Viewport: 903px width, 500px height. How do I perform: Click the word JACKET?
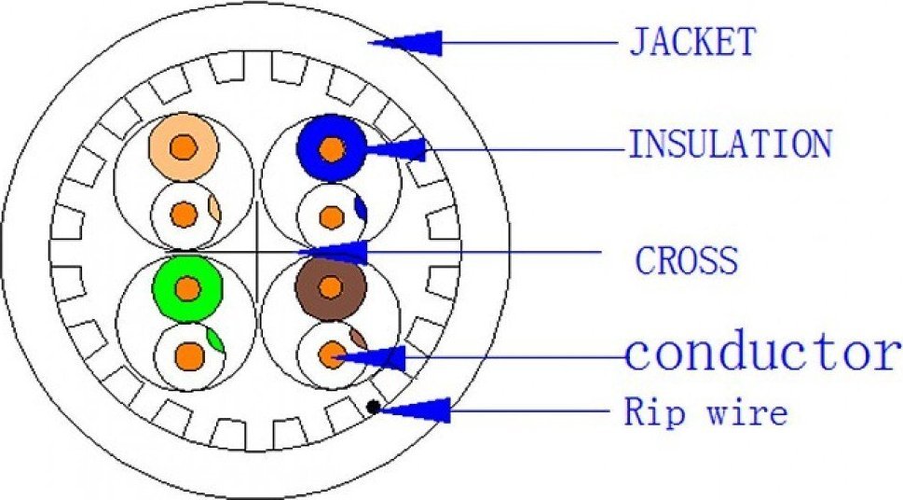pyautogui.click(x=692, y=42)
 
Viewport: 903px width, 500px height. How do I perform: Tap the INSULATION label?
pyautogui.click(x=731, y=144)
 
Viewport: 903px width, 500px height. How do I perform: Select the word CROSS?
pyautogui.click(x=687, y=259)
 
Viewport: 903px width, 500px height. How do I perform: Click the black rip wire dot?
pyautogui.click(x=373, y=407)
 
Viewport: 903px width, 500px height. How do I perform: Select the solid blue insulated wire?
pyautogui.click(x=332, y=149)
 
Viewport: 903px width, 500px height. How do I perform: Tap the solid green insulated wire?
pyautogui.click(x=187, y=287)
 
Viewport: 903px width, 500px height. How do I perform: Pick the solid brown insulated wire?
pyautogui.click(x=331, y=286)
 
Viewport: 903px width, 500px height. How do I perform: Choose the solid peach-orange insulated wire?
pyautogui.click(x=184, y=147)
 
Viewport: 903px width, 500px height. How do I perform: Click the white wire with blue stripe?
pyautogui.click(x=333, y=216)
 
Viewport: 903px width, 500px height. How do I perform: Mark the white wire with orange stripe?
pyautogui.click(x=185, y=215)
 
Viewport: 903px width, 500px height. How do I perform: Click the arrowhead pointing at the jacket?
pyautogui.click(x=405, y=43)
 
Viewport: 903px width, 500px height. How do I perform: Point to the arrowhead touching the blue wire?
pyautogui.click(x=396, y=149)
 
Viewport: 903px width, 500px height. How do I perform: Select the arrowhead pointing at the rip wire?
pyautogui.click(x=415, y=410)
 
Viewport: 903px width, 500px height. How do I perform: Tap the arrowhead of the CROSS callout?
pyautogui.click(x=334, y=252)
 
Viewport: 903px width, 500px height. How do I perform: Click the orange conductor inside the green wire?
pyautogui.click(x=187, y=288)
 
